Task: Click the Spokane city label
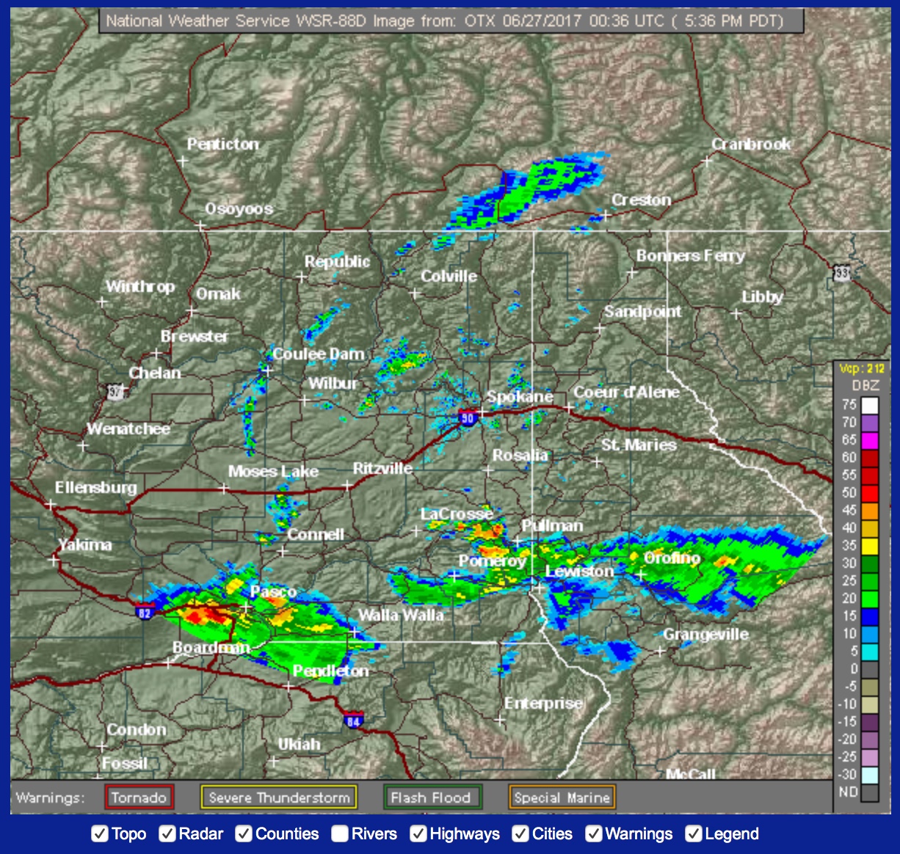click(520, 397)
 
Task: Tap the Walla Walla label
click(401, 615)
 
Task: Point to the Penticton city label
click(222, 144)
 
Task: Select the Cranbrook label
click(751, 144)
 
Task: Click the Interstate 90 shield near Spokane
click(468, 418)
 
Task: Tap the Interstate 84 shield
click(354, 720)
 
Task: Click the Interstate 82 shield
click(144, 613)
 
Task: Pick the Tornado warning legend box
click(139, 798)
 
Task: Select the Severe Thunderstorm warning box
click(279, 798)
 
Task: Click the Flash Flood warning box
click(431, 798)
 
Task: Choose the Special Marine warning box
click(562, 798)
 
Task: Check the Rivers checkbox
click(339, 834)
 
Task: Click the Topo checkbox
click(100, 834)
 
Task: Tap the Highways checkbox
click(418, 834)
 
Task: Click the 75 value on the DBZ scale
click(849, 404)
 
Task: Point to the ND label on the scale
click(848, 792)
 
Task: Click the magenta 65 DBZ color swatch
click(870, 440)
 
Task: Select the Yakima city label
click(85, 544)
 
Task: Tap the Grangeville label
click(705, 634)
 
